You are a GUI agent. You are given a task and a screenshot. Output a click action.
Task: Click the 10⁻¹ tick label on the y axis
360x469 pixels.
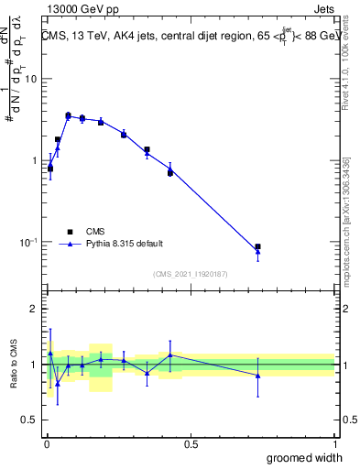pos(27,243)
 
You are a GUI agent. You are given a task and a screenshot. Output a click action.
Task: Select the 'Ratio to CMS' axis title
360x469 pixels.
pos(13,365)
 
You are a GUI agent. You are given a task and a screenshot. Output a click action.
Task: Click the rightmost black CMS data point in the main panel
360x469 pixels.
pos(258,246)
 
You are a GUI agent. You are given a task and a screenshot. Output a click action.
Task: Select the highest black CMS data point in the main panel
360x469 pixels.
pos(68,115)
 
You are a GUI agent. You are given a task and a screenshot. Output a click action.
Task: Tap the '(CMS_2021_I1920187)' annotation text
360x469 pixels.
pos(191,273)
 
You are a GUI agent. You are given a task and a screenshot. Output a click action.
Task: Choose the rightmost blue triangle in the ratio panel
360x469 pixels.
pos(258,376)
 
